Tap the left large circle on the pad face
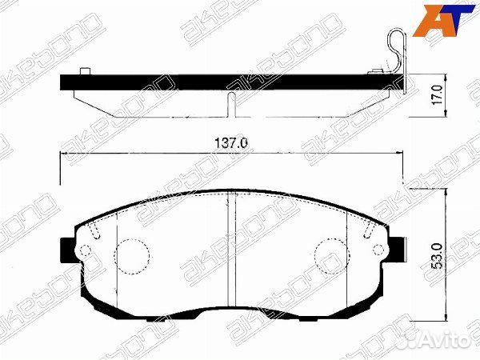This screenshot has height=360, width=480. (x=132, y=256)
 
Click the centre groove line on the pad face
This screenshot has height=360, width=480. (x=231, y=248)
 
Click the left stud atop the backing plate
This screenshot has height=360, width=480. (x=85, y=74)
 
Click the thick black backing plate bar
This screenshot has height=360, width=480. (x=232, y=82)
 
